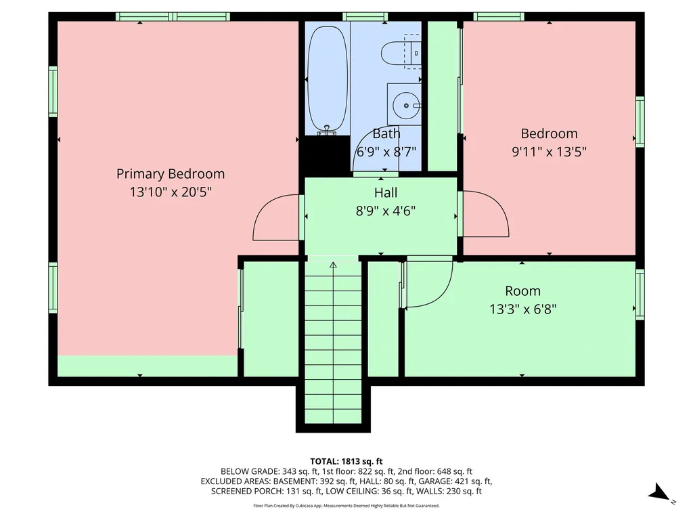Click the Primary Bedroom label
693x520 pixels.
[x=171, y=174]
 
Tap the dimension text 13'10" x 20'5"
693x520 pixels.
[x=171, y=192]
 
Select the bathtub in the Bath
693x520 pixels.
[x=328, y=78]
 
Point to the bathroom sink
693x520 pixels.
[x=405, y=105]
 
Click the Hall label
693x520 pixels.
[x=386, y=193]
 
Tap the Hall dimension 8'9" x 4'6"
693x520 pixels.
[x=386, y=211]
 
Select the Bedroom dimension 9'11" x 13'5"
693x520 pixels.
[x=549, y=152]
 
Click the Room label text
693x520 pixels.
[x=522, y=291]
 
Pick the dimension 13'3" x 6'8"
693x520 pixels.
[x=522, y=309]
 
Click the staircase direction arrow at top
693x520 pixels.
[x=333, y=265]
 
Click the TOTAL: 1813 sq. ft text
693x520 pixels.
[x=346, y=460]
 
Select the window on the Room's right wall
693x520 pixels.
[x=640, y=294]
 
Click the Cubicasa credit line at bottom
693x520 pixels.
[x=346, y=505]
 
